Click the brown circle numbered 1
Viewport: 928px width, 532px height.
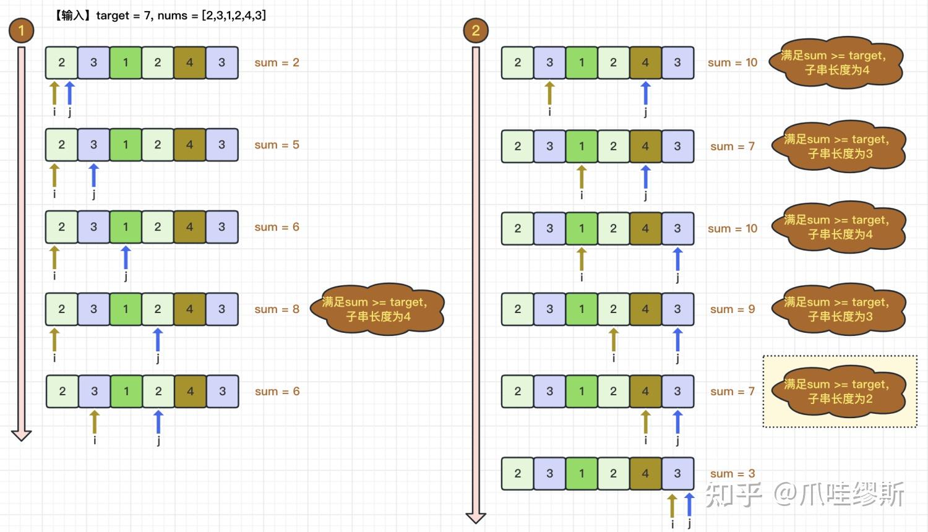[x=21, y=30]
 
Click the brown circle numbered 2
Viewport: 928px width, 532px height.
[x=476, y=30]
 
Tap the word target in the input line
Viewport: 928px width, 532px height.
[x=112, y=15]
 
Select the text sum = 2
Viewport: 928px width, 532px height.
[x=277, y=62]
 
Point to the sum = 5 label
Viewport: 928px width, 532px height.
[x=277, y=145]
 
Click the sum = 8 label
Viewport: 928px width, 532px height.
[x=277, y=309]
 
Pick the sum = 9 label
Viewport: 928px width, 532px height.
[x=733, y=309]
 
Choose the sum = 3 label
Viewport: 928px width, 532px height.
[x=733, y=473]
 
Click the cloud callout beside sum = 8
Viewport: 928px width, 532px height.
[x=377, y=309]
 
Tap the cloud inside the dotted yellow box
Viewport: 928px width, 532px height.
[x=838, y=391]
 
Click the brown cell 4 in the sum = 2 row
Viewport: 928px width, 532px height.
[x=190, y=62]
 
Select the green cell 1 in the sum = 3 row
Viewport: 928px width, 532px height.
[x=582, y=474]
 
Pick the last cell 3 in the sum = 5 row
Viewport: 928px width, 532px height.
[x=221, y=145]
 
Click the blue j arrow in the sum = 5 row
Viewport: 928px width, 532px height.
[x=94, y=175]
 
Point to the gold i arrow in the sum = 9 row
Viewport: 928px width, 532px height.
[x=614, y=340]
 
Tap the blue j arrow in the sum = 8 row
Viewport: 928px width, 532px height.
[x=157, y=340]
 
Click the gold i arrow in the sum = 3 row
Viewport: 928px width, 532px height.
[x=672, y=505]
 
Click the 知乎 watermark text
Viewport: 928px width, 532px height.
[x=733, y=494]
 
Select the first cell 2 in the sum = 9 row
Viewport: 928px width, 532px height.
[x=517, y=309]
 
